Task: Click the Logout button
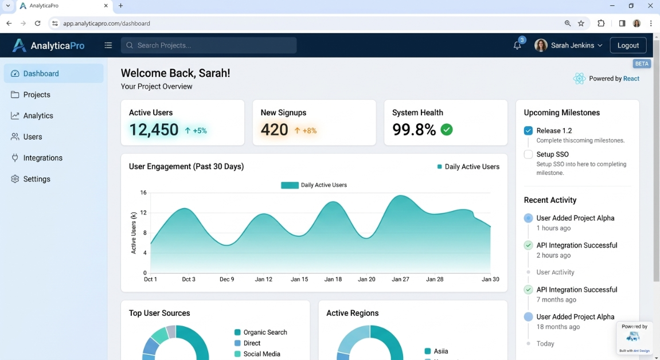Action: [x=628, y=45]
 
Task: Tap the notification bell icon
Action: [x=517, y=46]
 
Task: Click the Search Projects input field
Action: [x=209, y=45]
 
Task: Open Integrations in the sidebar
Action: [x=42, y=158]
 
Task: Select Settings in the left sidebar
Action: [x=37, y=179]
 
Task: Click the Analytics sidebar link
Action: [x=38, y=116]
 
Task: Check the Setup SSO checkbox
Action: [x=528, y=154]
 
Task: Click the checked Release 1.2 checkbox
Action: [x=528, y=131]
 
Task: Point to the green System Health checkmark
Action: [x=447, y=130]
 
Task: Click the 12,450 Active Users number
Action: [x=154, y=130]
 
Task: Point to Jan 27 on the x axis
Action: [x=400, y=279]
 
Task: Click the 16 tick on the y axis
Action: [x=143, y=193]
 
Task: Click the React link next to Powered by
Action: [x=631, y=79]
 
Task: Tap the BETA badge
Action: [x=642, y=64]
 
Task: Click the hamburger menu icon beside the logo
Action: [x=108, y=45]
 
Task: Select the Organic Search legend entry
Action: [x=265, y=332]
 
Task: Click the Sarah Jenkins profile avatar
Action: [x=541, y=45]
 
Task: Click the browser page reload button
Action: [x=38, y=24]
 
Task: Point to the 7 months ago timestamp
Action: [x=556, y=300]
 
